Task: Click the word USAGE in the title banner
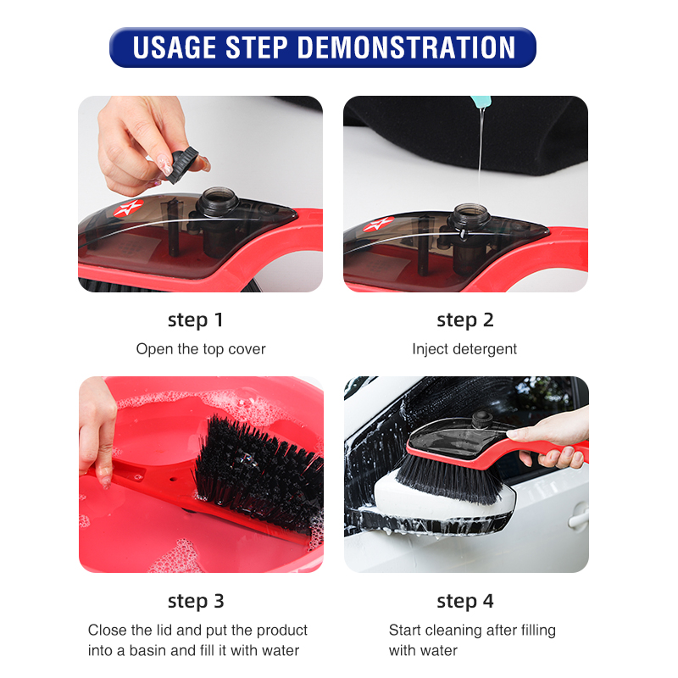(x=175, y=47)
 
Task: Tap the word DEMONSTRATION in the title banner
(x=407, y=47)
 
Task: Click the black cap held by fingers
(x=183, y=164)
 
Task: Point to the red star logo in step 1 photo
(x=128, y=208)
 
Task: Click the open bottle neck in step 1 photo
(x=218, y=201)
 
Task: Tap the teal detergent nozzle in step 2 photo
(x=481, y=102)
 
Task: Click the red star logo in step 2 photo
(x=378, y=225)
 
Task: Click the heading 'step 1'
(x=196, y=320)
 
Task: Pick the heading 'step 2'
(x=465, y=320)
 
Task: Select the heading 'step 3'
(x=196, y=601)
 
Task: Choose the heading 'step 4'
(x=465, y=601)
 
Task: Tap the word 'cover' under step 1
(x=247, y=349)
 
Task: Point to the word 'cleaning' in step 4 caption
(x=456, y=631)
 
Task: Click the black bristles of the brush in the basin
(x=259, y=471)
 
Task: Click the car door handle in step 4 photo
(x=578, y=517)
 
